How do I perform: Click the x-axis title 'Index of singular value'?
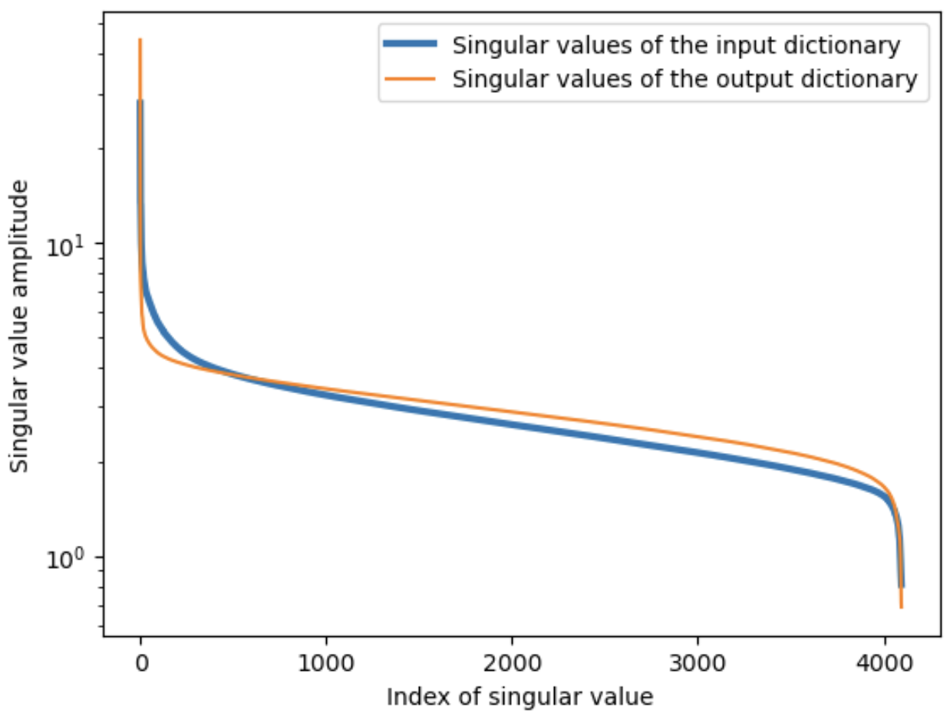[x=520, y=696]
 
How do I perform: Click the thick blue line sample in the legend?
[x=413, y=46]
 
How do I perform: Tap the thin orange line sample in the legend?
[x=413, y=79]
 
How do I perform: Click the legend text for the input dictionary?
[x=676, y=46]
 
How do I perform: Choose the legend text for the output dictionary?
[x=684, y=79]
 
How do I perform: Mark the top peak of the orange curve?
[x=140, y=39]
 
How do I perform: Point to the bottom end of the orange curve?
[x=901, y=608]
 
